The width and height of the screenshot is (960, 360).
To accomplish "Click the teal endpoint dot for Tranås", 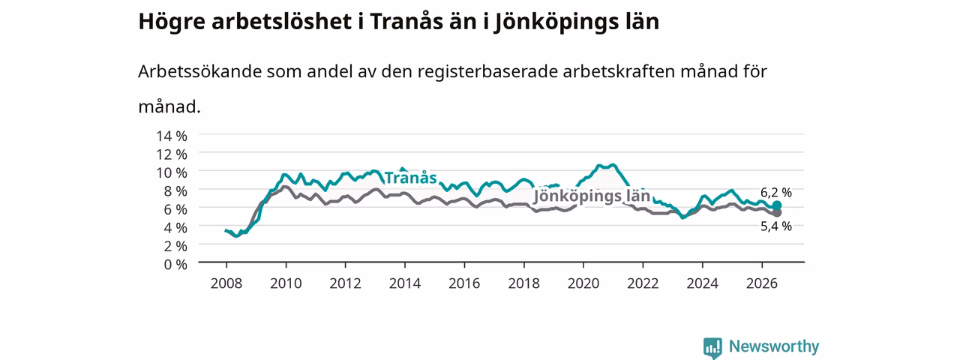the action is (x=776, y=205).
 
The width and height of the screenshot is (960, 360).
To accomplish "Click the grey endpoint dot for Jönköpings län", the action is (x=776, y=212).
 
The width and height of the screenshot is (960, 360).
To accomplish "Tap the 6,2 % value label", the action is (x=776, y=193).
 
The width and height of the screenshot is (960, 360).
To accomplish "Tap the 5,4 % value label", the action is (x=776, y=226).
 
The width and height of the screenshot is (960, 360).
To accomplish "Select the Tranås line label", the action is (x=410, y=178).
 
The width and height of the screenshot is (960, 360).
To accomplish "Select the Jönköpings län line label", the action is (x=592, y=196).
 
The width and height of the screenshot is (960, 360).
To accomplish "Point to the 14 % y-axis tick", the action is (x=172, y=136).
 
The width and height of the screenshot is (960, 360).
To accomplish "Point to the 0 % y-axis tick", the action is (x=175, y=265).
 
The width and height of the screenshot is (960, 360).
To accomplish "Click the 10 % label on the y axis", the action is (x=172, y=172).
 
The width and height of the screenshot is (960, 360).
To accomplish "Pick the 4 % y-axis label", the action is (x=175, y=227).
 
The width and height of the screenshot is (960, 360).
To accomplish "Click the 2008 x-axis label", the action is (x=226, y=283).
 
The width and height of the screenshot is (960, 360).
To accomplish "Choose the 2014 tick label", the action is (x=404, y=283).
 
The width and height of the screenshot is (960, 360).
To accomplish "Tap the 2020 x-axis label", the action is (x=583, y=283).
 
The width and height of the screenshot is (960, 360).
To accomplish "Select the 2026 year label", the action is (x=761, y=283).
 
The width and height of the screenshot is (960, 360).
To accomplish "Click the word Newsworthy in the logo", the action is (x=774, y=346).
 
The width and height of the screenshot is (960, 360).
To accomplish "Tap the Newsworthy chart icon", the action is (x=712, y=347).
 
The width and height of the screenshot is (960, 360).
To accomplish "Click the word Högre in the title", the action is (x=172, y=22).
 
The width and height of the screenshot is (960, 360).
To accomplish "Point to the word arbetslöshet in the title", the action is (x=281, y=22).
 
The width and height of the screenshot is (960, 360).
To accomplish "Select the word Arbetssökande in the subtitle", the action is (x=199, y=71).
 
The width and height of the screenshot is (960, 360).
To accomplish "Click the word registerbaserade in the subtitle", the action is (x=487, y=72).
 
